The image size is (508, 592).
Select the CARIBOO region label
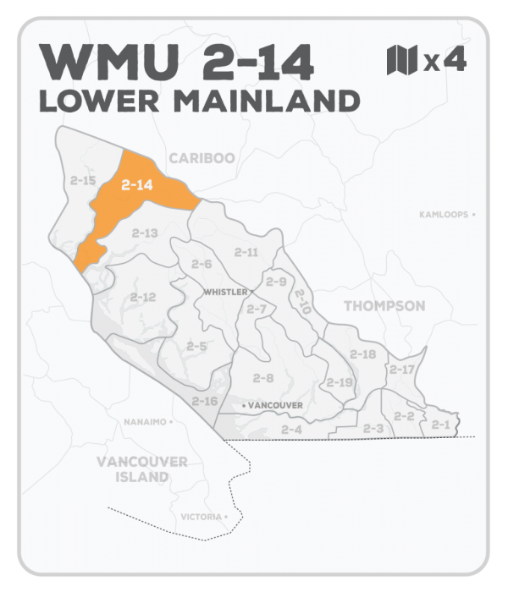pyautogui.click(x=201, y=157)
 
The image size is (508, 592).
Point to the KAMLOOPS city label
pyautogui.click(x=443, y=215)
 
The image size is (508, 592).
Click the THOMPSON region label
pyautogui.click(x=385, y=305)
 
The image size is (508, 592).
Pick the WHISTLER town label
pyautogui.click(x=225, y=292)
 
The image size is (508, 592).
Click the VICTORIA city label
pyautogui.click(x=202, y=516)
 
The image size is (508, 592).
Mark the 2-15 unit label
pyautogui.click(x=83, y=181)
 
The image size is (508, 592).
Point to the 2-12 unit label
pyautogui.click(x=143, y=297)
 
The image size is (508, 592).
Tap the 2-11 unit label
pyautogui.click(x=246, y=252)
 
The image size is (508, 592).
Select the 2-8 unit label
pyautogui.click(x=263, y=378)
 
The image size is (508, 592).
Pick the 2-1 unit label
pyautogui.click(x=440, y=424)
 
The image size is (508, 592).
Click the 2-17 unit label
pyautogui.click(x=401, y=370)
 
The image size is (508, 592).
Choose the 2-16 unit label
pyautogui.click(x=205, y=400)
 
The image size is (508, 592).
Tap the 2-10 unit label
pyautogui.click(x=302, y=299)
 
